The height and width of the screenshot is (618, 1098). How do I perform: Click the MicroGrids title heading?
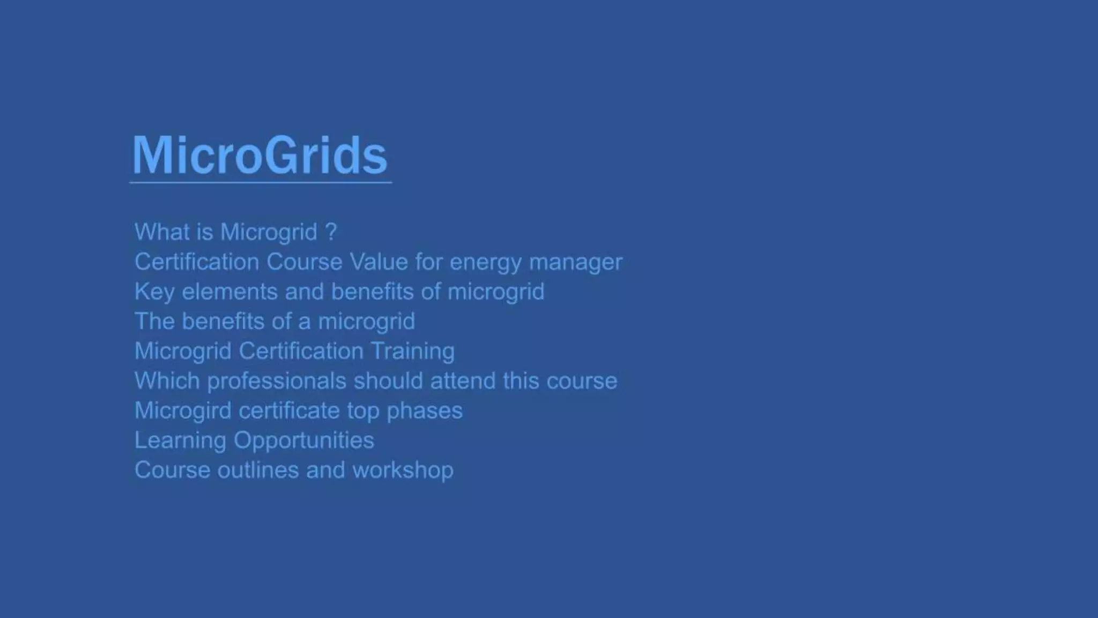tap(259, 156)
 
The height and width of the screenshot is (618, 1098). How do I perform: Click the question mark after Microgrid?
tap(331, 232)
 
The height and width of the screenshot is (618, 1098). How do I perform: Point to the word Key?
tap(153, 292)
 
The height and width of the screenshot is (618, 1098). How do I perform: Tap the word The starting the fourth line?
tap(154, 321)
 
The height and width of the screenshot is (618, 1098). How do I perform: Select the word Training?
tap(412, 351)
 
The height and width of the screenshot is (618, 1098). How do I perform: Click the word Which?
tap(167, 381)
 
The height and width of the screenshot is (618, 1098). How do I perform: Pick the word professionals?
tap(277, 381)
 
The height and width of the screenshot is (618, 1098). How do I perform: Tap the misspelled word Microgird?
tap(182, 410)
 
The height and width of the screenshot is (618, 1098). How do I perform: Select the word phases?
tap(424, 410)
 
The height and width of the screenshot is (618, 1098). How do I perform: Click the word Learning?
tap(180, 440)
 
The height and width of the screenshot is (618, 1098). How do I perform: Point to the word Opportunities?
tap(303, 440)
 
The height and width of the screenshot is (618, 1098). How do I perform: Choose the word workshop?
tap(402, 470)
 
